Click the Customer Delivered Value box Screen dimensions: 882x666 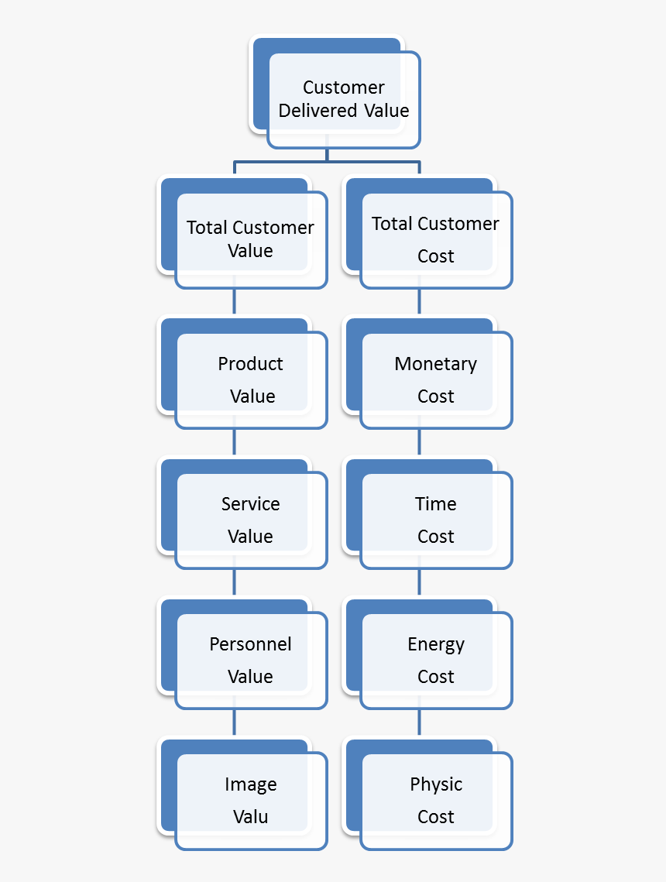coord(343,99)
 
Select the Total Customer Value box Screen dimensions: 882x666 coord(250,239)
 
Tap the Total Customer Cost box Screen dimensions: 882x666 coord(435,239)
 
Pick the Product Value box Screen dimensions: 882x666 coord(250,379)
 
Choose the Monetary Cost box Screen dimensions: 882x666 coord(435,379)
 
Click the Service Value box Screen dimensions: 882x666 coord(250,520)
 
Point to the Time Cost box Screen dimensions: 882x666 coord(435,520)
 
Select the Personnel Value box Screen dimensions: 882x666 coord(250,660)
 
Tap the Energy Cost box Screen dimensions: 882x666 coord(435,660)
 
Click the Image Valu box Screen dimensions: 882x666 coord(250,800)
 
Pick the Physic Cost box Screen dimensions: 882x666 coord(435,800)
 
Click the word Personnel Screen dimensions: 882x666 coord(250,644)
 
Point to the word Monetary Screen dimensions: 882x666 coord(435,364)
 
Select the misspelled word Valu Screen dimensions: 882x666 coord(250,817)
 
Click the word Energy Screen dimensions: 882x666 coord(436,644)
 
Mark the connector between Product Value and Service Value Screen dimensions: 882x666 coord(234,443)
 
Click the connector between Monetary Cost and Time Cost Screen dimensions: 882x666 coord(419,443)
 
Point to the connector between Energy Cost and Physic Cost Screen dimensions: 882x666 coord(419,723)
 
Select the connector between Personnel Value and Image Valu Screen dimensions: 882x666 coord(234,723)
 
